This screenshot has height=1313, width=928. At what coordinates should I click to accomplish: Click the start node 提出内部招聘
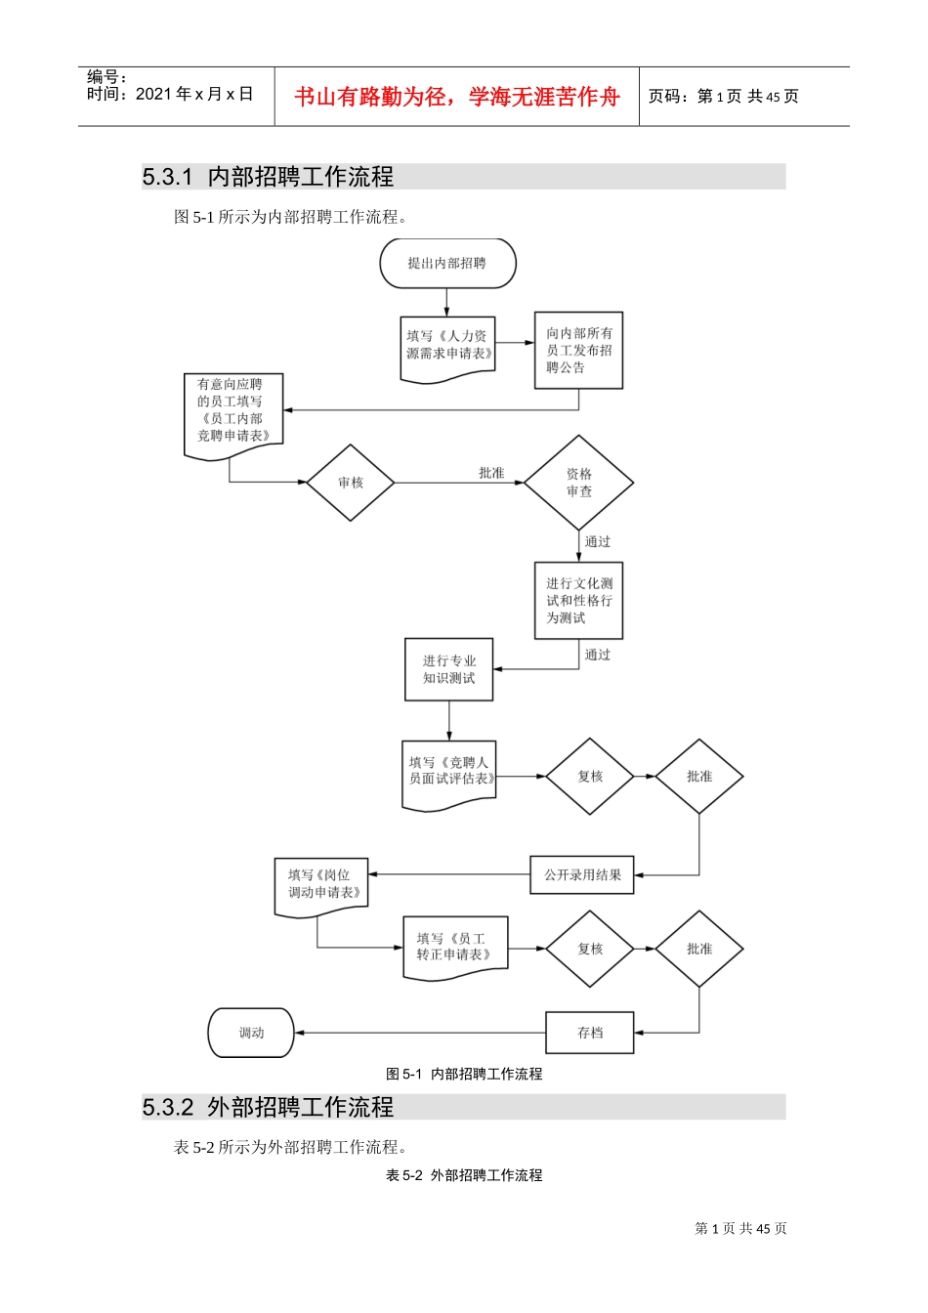coord(447,263)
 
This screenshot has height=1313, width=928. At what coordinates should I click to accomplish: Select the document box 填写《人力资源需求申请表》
coord(448,346)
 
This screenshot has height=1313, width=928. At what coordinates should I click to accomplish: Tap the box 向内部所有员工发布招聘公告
coord(578,351)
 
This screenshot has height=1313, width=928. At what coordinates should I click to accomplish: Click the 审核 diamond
coord(351,483)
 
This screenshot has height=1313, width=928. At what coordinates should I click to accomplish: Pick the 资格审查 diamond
coord(578,483)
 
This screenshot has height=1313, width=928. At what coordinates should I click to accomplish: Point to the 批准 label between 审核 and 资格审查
coord(491,473)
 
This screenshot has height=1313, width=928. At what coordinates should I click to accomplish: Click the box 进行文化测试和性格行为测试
coord(578,600)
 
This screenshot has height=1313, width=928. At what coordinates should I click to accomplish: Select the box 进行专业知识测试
coord(449,669)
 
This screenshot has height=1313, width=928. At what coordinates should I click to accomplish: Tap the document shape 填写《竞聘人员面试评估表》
coord(449,773)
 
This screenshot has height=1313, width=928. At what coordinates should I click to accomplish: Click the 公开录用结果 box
coord(582,874)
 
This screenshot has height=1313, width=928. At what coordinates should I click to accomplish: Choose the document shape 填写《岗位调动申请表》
coord(322,885)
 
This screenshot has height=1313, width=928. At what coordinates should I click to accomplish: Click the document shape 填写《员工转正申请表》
coord(455,947)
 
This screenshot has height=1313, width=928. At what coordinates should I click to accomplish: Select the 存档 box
coord(590,1033)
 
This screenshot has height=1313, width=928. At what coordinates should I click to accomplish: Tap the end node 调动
coord(251,1033)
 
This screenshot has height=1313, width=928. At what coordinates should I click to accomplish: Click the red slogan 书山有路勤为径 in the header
coord(457,97)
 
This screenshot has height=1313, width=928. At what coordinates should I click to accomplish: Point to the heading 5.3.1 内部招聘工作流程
coord(269,177)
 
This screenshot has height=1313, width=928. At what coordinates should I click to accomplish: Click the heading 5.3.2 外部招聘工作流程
coord(269,1107)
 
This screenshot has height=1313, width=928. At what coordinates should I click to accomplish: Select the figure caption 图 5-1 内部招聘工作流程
coord(464,1074)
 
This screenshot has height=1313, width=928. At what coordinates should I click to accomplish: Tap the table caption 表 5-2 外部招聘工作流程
coord(464,1175)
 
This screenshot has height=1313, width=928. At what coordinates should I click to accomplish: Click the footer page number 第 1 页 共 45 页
coord(740,1229)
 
